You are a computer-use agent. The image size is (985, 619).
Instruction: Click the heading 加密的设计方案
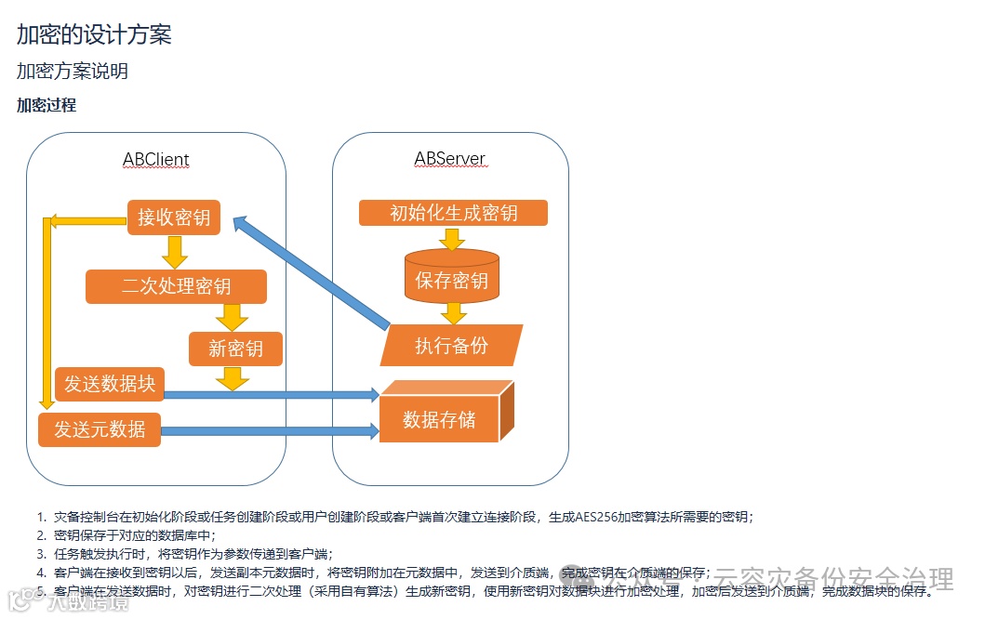tap(94, 35)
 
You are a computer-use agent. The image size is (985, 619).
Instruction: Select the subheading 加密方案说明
tap(73, 72)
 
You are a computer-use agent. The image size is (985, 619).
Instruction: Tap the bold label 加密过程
tap(47, 105)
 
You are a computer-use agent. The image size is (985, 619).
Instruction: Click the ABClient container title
tap(155, 159)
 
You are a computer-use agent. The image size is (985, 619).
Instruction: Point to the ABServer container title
tap(449, 159)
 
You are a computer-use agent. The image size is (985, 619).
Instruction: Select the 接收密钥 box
tap(174, 217)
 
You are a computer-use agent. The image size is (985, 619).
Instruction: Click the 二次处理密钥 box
tap(176, 286)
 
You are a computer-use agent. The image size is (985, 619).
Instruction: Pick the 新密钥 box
tap(235, 349)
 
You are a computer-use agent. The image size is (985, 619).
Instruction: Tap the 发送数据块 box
tap(109, 384)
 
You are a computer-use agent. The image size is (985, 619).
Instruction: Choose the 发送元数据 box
tap(100, 429)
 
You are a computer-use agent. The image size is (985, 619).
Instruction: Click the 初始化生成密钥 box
tap(453, 213)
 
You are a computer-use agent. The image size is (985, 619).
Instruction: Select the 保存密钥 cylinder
tap(451, 278)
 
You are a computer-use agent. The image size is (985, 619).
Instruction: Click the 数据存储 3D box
tap(439, 419)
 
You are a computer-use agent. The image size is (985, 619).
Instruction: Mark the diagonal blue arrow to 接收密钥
tap(312, 273)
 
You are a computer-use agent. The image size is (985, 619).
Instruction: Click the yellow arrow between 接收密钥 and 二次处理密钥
tap(174, 251)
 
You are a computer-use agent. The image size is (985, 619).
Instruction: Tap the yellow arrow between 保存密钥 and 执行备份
tap(453, 312)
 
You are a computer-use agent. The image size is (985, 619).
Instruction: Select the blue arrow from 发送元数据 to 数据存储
tap(270, 430)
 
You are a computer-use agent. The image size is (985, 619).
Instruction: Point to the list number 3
tap(41, 552)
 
